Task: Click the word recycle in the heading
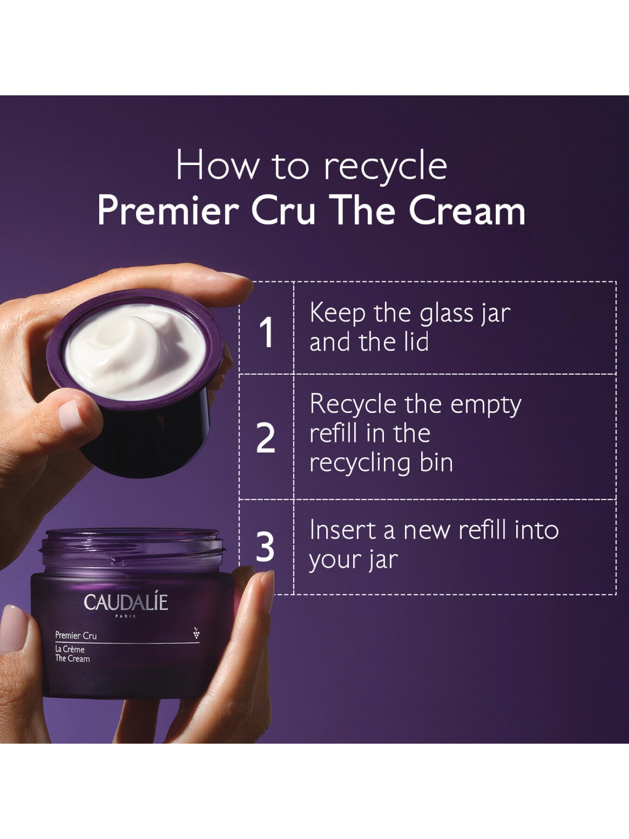point(385,166)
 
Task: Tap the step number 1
point(266,332)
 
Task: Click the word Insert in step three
point(342,530)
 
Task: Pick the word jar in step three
point(383,560)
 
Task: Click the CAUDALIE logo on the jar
point(125,602)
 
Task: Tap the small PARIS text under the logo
point(125,616)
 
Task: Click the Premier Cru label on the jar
point(76,635)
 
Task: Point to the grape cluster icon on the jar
point(196,633)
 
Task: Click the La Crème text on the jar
point(70,649)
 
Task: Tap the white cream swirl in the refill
point(135,350)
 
